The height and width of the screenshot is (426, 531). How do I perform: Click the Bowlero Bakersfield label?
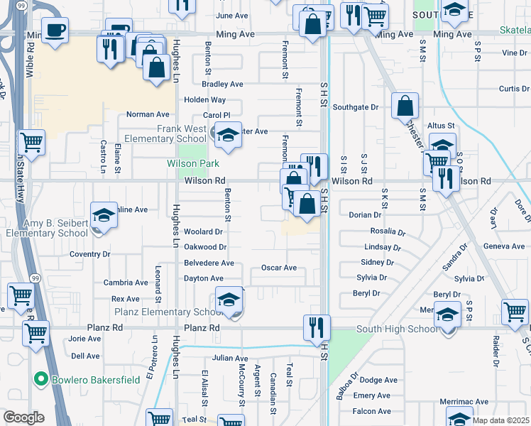click(x=96, y=380)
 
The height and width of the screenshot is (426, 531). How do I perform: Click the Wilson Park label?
click(x=193, y=163)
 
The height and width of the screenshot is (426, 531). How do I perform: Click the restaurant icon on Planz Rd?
click(x=317, y=327)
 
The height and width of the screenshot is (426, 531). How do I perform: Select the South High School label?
click(x=397, y=329)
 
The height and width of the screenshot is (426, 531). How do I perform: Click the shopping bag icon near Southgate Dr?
click(x=404, y=107)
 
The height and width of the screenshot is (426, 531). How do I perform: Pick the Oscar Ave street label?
click(x=278, y=268)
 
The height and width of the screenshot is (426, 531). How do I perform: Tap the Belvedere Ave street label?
click(x=209, y=263)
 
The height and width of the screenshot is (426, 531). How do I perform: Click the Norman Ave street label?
click(x=148, y=114)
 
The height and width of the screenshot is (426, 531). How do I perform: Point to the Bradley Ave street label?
click(x=222, y=84)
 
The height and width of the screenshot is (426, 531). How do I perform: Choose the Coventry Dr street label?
click(x=90, y=254)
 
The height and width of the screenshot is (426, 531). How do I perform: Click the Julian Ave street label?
click(x=229, y=359)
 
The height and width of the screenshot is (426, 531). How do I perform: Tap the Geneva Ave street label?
click(x=503, y=246)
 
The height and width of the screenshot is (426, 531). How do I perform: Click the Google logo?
click(x=23, y=417)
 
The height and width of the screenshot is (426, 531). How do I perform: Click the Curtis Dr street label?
click(x=514, y=89)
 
